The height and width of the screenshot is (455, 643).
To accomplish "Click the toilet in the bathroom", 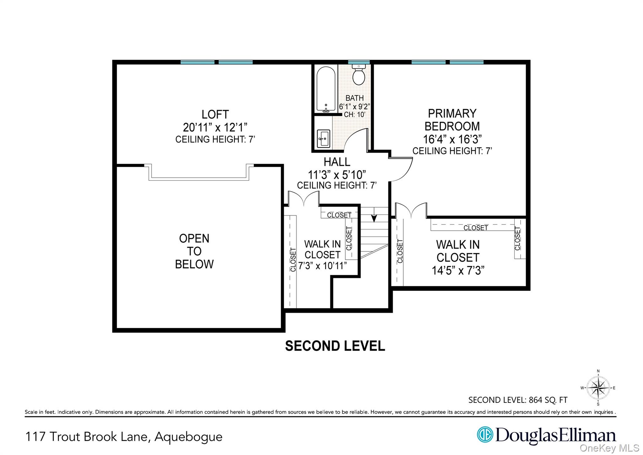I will (359, 75).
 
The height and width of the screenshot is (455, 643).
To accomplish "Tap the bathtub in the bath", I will (326, 90).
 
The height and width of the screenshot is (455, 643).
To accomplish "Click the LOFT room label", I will (215, 114).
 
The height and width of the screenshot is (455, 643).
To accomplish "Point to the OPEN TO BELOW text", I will (194, 251).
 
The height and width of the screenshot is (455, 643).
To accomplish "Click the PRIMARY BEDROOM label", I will (452, 120).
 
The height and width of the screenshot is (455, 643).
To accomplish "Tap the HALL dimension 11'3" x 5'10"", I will (337, 174).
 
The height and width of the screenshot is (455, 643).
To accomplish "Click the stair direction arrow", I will (374, 218).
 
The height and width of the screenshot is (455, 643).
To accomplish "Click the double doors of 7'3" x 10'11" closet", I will (304, 199).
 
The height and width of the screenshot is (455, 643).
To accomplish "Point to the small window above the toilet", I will (359, 62).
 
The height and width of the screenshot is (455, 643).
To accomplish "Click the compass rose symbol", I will (598, 388).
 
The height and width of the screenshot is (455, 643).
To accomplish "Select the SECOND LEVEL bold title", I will (335, 346).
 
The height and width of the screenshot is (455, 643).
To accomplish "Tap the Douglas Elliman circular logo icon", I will (485, 435).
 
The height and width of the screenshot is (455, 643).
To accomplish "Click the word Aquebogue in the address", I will (188, 437).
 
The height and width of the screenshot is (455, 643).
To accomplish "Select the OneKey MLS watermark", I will (609, 448).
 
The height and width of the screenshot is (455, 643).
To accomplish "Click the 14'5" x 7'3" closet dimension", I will (458, 271).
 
